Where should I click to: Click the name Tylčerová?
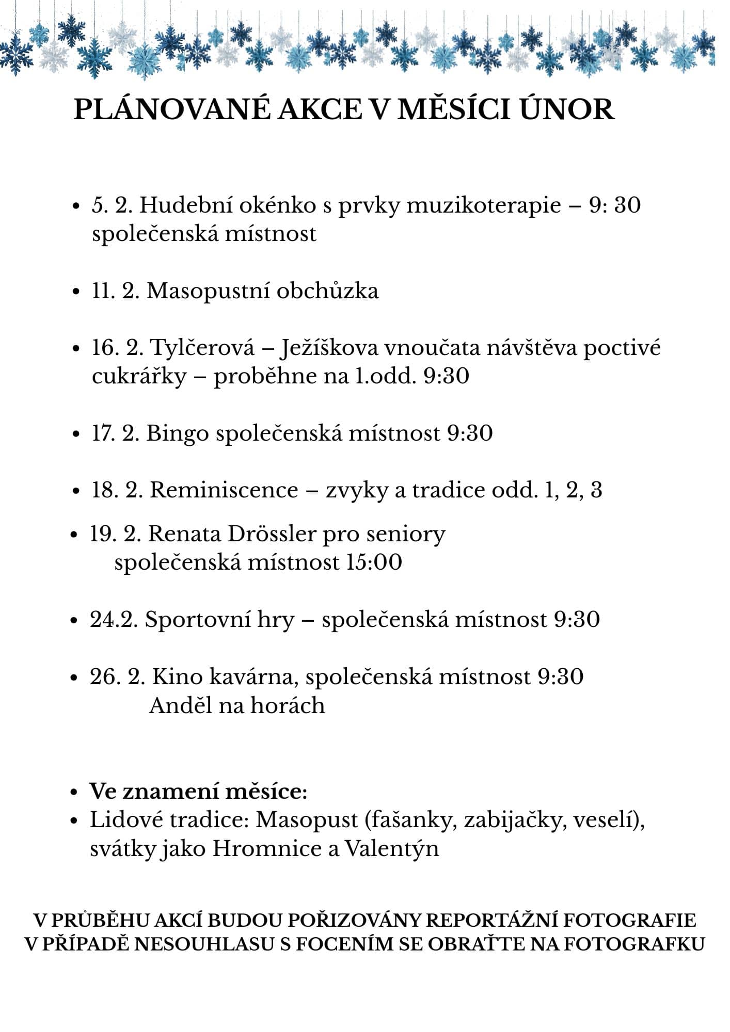[202, 348]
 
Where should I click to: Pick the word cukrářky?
[138, 376]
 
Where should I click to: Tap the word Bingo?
[178, 433]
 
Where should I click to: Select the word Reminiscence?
[224, 490]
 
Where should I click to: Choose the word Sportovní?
[219, 619]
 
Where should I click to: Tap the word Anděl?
[180, 705]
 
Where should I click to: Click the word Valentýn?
[391, 848]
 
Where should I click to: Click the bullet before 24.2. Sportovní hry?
[76, 620]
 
